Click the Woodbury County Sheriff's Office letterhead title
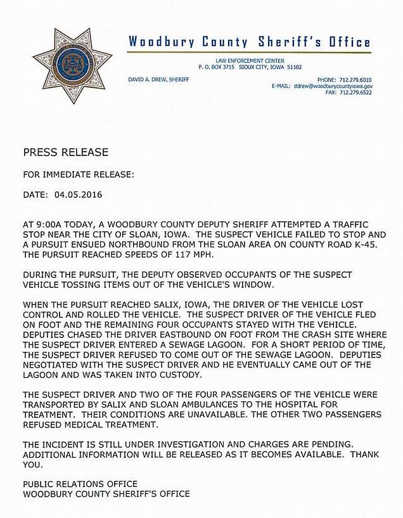[x=249, y=42]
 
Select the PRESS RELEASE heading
[x=65, y=152]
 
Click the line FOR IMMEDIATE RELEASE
[x=78, y=174]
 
